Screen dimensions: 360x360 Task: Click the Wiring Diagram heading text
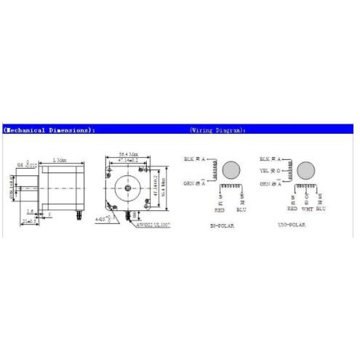click(x=218, y=130)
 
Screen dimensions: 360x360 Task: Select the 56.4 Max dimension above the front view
click(x=128, y=153)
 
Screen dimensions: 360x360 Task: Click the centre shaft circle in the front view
click(x=129, y=189)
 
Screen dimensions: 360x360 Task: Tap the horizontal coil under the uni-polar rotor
click(x=306, y=185)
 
